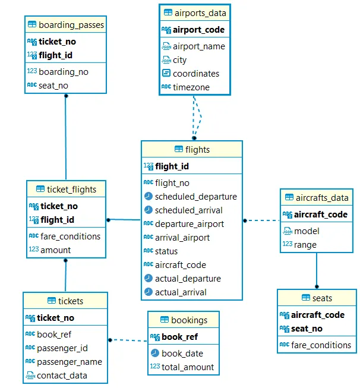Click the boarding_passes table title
click(71, 25)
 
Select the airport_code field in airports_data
click(198, 30)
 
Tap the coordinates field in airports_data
click(195, 74)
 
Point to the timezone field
click(191, 87)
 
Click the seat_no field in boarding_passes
click(53, 86)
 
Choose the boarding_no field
click(63, 71)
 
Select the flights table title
click(197, 150)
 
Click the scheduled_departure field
click(195, 197)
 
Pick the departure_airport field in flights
click(189, 224)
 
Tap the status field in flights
click(166, 251)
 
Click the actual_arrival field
click(181, 292)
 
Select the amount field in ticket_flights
click(55, 250)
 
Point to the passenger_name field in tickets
click(69, 362)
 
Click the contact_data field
click(62, 376)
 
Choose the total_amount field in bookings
click(187, 367)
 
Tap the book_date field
click(181, 354)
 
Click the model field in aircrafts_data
click(307, 231)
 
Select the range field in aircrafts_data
click(305, 245)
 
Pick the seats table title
click(322, 298)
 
